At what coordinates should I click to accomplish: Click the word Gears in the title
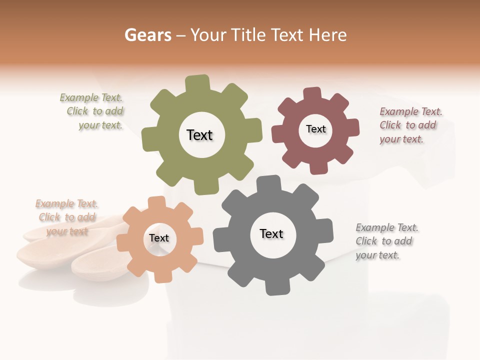click(147, 35)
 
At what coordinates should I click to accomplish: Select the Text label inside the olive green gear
click(199, 135)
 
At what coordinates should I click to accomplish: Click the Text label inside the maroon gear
click(315, 129)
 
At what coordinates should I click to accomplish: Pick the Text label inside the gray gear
click(271, 233)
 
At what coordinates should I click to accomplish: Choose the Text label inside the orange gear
click(159, 238)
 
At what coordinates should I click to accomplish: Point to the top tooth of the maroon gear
click(312, 94)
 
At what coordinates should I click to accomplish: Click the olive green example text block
click(92, 111)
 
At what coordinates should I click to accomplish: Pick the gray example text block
click(385, 241)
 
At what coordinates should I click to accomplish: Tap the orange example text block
click(67, 217)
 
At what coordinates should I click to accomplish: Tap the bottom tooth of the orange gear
click(161, 275)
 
